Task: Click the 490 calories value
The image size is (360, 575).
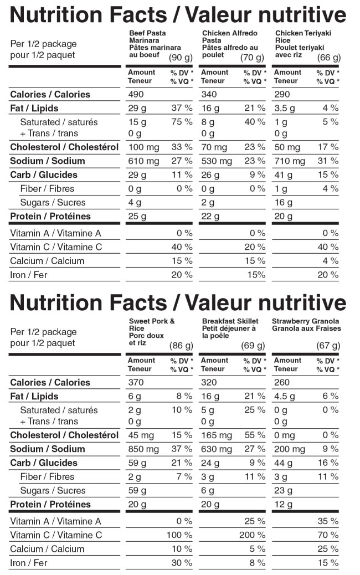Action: click(136, 94)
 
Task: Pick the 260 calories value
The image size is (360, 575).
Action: click(282, 382)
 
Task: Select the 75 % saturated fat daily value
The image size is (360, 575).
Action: click(181, 122)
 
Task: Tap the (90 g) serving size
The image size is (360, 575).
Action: click(181, 58)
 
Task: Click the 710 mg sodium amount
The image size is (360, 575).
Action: click(290, 161)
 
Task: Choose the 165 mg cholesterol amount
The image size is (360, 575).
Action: click(217, 435)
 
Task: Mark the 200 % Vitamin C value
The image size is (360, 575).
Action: click(253, 535)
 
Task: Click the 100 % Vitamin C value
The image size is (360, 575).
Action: click(179, 535)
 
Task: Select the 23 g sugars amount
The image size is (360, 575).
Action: click(282, 491)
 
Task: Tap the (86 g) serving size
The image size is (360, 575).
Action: click(181, 346)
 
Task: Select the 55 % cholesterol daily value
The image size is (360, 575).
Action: click(254, 435)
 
